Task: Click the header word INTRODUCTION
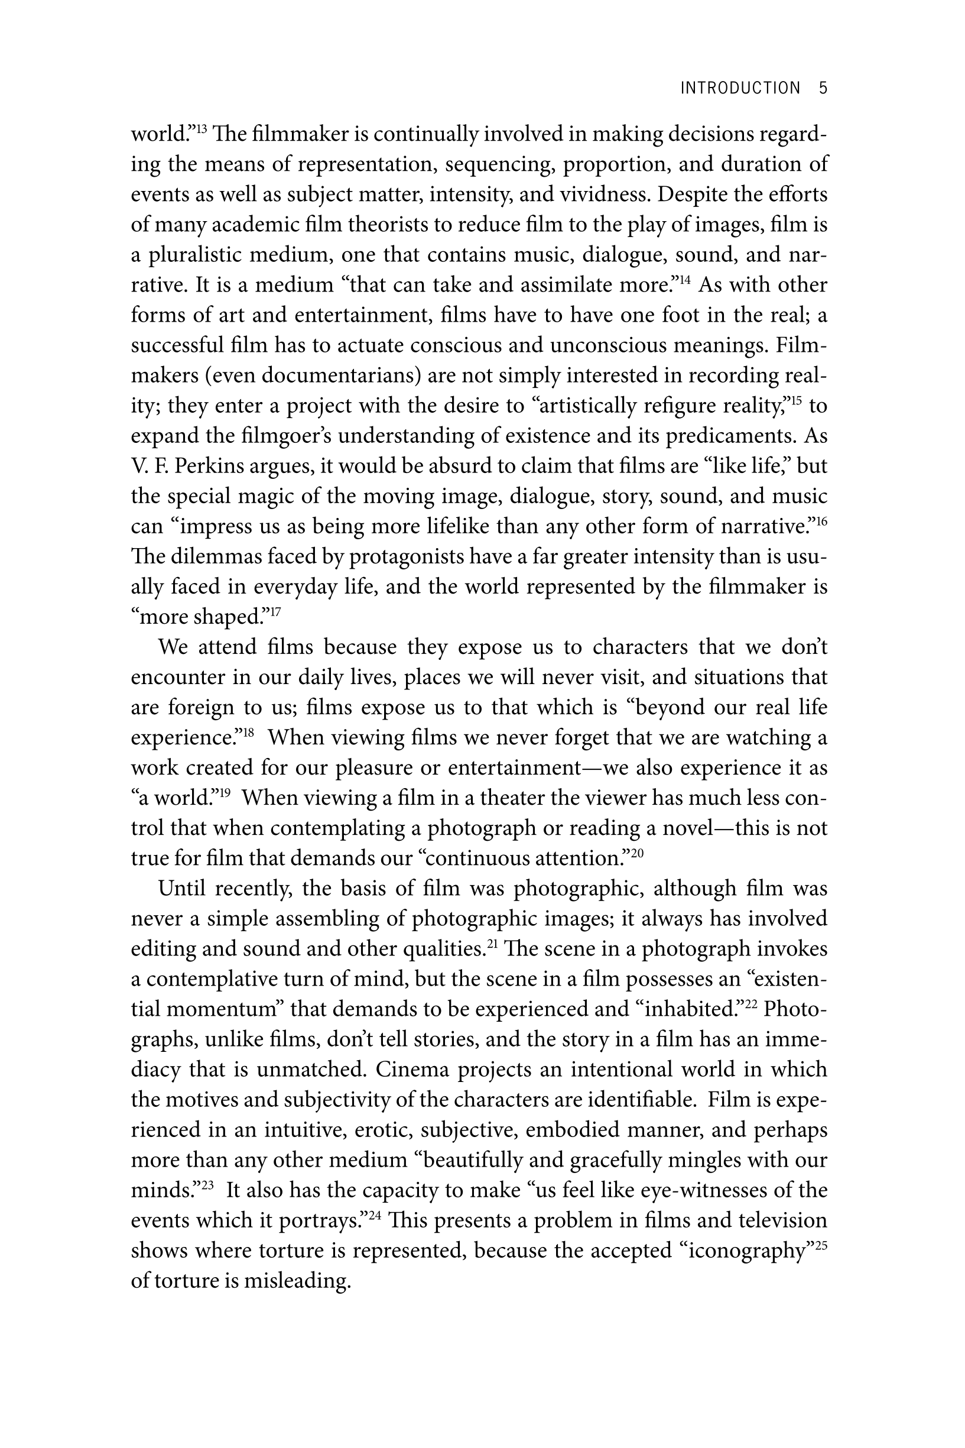[740, 88]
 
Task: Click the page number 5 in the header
[823, 88]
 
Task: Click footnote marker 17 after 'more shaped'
[275, 611]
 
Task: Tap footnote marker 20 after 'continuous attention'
[637, 853]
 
